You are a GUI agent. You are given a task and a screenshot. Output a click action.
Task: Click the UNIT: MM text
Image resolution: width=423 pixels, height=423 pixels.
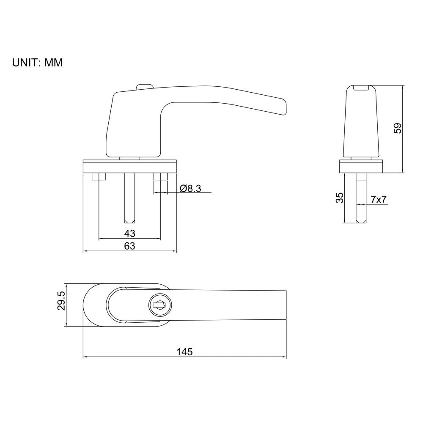tap(37, 63)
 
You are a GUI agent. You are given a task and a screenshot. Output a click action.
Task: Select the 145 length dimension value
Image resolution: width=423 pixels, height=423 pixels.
tap(184, 352)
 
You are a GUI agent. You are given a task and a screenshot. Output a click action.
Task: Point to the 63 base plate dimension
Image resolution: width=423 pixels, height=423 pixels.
tap(130, 246)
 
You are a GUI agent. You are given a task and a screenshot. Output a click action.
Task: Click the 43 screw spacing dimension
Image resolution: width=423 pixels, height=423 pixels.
tap(130, 233)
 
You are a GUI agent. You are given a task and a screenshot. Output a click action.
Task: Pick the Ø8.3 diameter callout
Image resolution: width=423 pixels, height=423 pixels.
tap(190, 189)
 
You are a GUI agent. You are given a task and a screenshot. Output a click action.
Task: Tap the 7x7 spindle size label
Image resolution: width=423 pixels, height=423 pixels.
tap(378, 199)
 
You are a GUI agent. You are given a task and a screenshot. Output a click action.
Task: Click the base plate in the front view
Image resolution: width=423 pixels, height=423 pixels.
tap(130, 166)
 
